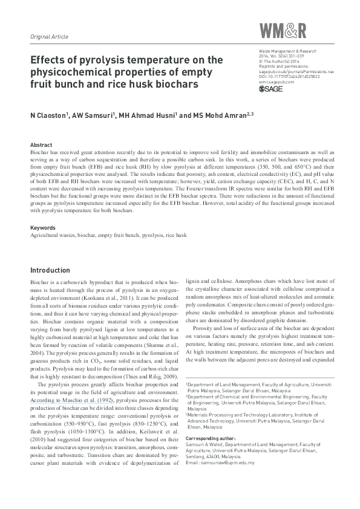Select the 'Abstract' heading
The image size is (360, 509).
41,146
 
